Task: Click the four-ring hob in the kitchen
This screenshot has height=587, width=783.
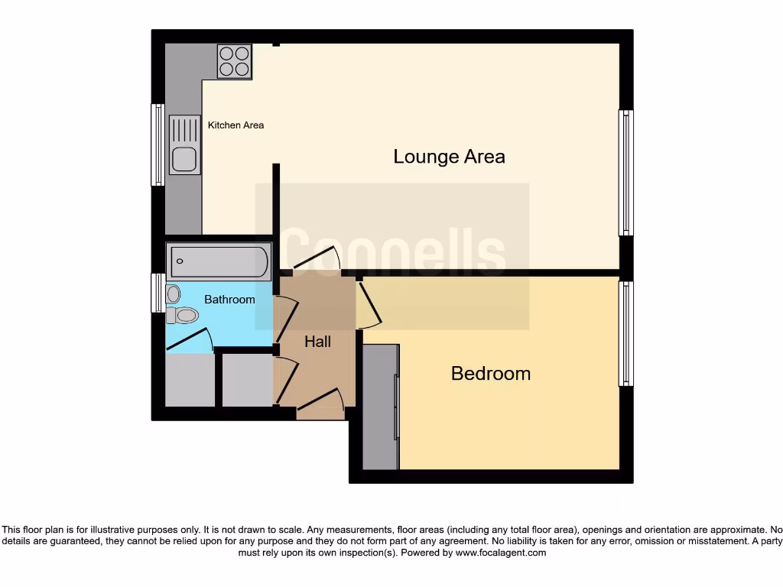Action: pos(235,61)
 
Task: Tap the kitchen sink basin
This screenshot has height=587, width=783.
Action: pos(184,160)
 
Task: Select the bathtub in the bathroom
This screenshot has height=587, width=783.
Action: pos(219,262)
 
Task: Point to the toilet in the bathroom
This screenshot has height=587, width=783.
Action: pos(184,315)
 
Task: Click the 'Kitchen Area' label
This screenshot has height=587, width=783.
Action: pos(236,125)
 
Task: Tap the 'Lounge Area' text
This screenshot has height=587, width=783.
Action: pos(449,157)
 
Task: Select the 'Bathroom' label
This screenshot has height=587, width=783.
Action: pos(229,300)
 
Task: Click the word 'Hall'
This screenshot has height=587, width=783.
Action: pos(317,342)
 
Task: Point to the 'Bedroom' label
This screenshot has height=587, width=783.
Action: pos(490,374)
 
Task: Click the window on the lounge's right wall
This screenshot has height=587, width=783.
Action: pos(625,172)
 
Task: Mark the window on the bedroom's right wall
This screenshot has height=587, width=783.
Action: pos(625,333)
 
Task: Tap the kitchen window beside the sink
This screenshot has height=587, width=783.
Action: pos(158,144)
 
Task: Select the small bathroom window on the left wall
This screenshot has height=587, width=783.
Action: pos(158,293)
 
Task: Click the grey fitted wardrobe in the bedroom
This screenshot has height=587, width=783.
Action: pos(380,407)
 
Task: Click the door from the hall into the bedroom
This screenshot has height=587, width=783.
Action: pos(368,304)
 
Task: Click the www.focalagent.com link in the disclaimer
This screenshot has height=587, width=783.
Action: pos(500,553)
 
